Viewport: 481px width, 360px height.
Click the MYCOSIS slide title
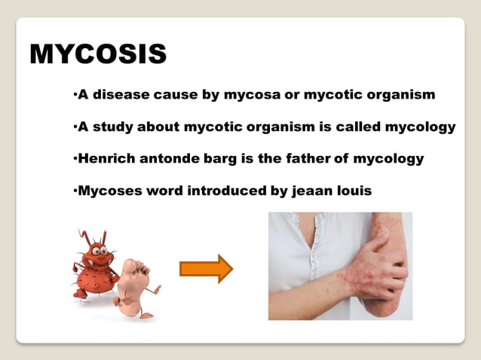[x=98, y=54]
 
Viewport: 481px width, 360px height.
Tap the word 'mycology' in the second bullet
[x=420, y=127]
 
